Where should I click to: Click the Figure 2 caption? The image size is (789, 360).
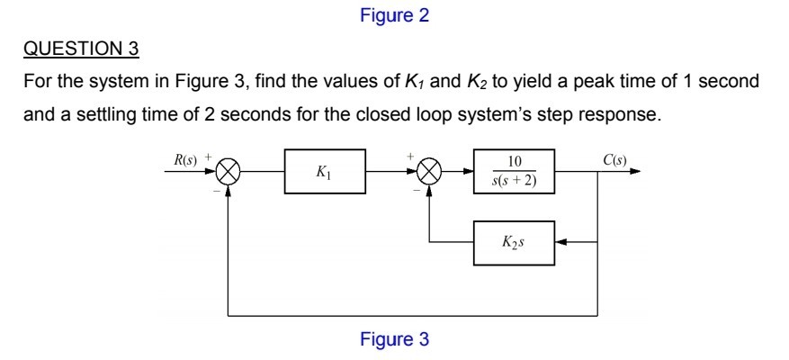394,15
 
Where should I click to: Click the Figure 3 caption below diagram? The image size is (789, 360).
394,340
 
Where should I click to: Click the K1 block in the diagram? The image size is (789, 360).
325,174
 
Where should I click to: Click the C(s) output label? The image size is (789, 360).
615,161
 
